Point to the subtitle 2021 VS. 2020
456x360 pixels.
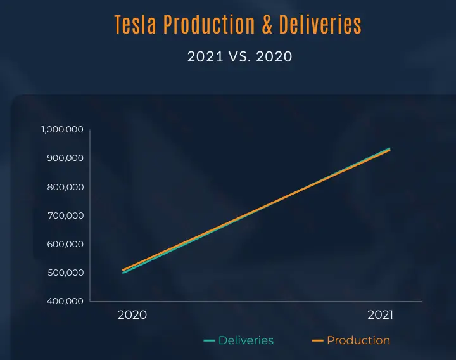click(239, 56)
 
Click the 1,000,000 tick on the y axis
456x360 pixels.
click(63, 129)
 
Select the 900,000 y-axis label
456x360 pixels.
click(66, 158)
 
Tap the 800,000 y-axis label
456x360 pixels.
click(66, 187)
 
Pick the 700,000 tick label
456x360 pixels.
click(66, 215)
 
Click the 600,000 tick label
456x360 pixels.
click(66, 244)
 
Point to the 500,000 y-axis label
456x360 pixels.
click(66, 273)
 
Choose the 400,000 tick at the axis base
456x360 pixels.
click(66, 301)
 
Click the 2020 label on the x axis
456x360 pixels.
click(132, 315)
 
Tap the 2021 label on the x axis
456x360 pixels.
click(381, 315)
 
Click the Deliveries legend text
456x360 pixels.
click(246, 340)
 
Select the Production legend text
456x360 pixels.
click(358, 340)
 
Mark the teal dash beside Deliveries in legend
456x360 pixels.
click(209, 341)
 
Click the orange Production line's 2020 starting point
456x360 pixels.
click(123, 270)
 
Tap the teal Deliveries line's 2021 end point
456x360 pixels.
click(389, 148)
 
